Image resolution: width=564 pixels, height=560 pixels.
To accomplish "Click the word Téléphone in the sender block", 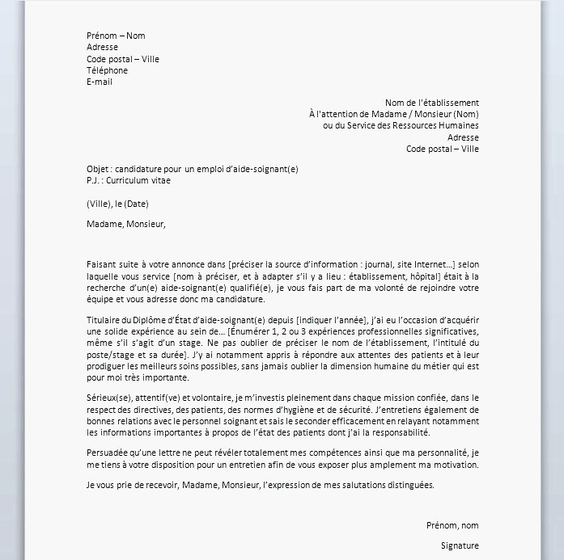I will pyautogui.click(x=107, y=70).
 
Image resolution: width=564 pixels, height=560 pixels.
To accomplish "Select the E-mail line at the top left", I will pyautogui.click(x=100, y=82).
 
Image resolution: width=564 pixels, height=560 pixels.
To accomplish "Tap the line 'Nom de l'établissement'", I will pyautogui.click(x=431, y=103).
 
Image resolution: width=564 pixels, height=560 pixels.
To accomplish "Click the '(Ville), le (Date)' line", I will pyautogui.click(x=117, y=204).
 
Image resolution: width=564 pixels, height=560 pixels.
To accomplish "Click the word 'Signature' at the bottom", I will pyautogui.click(x=460, y=545).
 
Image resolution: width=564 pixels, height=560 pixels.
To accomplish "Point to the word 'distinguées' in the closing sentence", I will pyautogui.click(x=410, y=485).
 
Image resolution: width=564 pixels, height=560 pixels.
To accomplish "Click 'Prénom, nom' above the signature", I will pyautogui.click(x=452, y=525).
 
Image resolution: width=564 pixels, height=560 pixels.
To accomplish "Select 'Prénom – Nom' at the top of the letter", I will pyautogui.click(x=116, y=36).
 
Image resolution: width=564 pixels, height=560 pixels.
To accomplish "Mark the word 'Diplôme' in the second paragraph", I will pyautogui.click(x=155, y=321).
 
